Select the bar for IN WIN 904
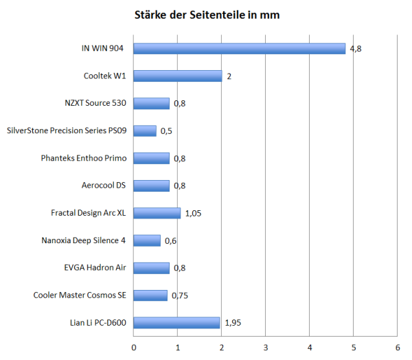pyautogui.click(x=239, y=49)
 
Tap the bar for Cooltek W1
pyautogui.click(x=177, y=76)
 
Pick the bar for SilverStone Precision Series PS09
pyautogui.click(x=145, y=131)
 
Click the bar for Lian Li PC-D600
pyautogui.click(x=176, y=322)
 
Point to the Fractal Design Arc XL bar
pyautogui.click(x=157, y=213)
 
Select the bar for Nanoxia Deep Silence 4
pyautogui.click(x=147, y=240)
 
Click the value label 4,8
pyautogui.click(x=356, y=49)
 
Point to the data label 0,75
pyautogui.click(x=180, y=295)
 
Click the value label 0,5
pyautogui.click(x=166, y=131)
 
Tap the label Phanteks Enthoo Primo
pyautogui.click(x=84, y=158)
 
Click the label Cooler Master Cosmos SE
pyautogui.click(x=80, y=295)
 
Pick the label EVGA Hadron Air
pyautogui.click(x=95, y=268)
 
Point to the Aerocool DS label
pyautogui.click(x=104, y=185)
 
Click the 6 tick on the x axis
pyautogui.click(x=398, y=346)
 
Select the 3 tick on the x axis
pyautogui.click(x=266, y=346)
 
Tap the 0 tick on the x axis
pyautogui.click(x=133, y=346)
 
